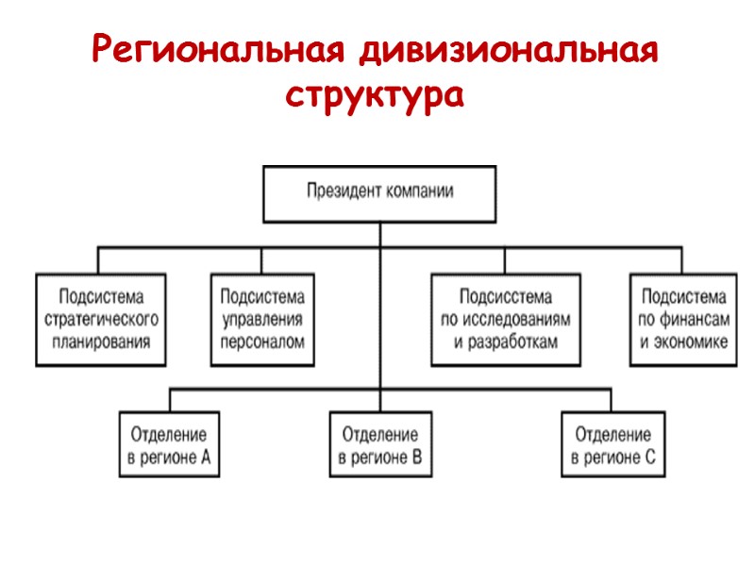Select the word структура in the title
point(376,95)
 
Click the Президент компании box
point(379,192)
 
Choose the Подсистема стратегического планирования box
point(101,320)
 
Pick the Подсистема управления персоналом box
point(262,320)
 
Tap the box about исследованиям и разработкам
point(506,320)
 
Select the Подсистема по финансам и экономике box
point(683,320)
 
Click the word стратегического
point(101,320)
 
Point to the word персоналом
point(262,341)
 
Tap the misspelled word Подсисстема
point(506,297)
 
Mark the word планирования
point(101,341)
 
